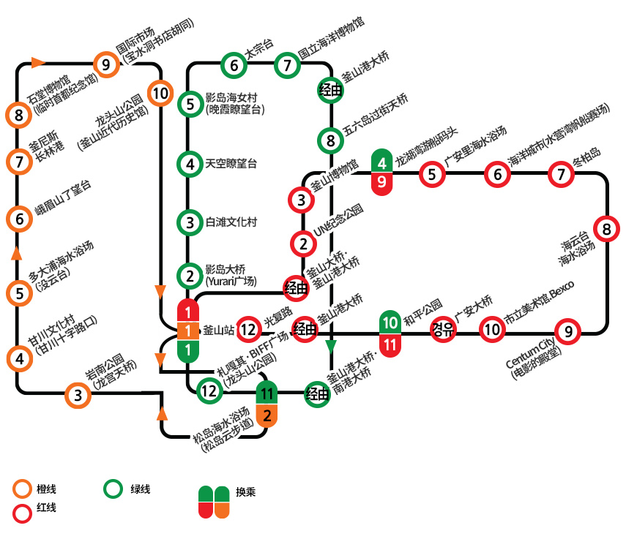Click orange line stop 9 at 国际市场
[106, 64]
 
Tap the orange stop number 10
[160, 94]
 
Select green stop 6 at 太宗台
[234, 65]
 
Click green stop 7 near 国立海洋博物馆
[287, 65]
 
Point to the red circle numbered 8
[606, 230]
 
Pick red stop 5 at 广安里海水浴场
[432, 175]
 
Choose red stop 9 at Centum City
[567, 332]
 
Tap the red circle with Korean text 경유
[443, 329]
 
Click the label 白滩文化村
[231, 222]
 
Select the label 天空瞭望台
[231, 164]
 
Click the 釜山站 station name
[219, 330]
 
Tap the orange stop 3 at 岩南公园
[78, 395]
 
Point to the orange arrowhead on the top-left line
[39, 62]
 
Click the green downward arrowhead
[331, 347]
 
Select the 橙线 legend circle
[23, 489]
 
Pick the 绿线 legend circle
[113, 489]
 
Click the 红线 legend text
[46, 508]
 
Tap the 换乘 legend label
[246, 492]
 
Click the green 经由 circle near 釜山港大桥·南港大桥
[317, 394]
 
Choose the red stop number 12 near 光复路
[249, 329]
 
